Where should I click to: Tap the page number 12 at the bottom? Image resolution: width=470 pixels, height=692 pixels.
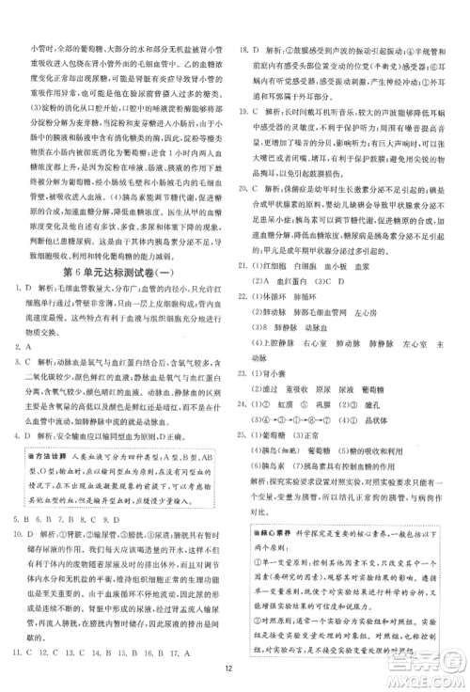[x=235, y=672]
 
